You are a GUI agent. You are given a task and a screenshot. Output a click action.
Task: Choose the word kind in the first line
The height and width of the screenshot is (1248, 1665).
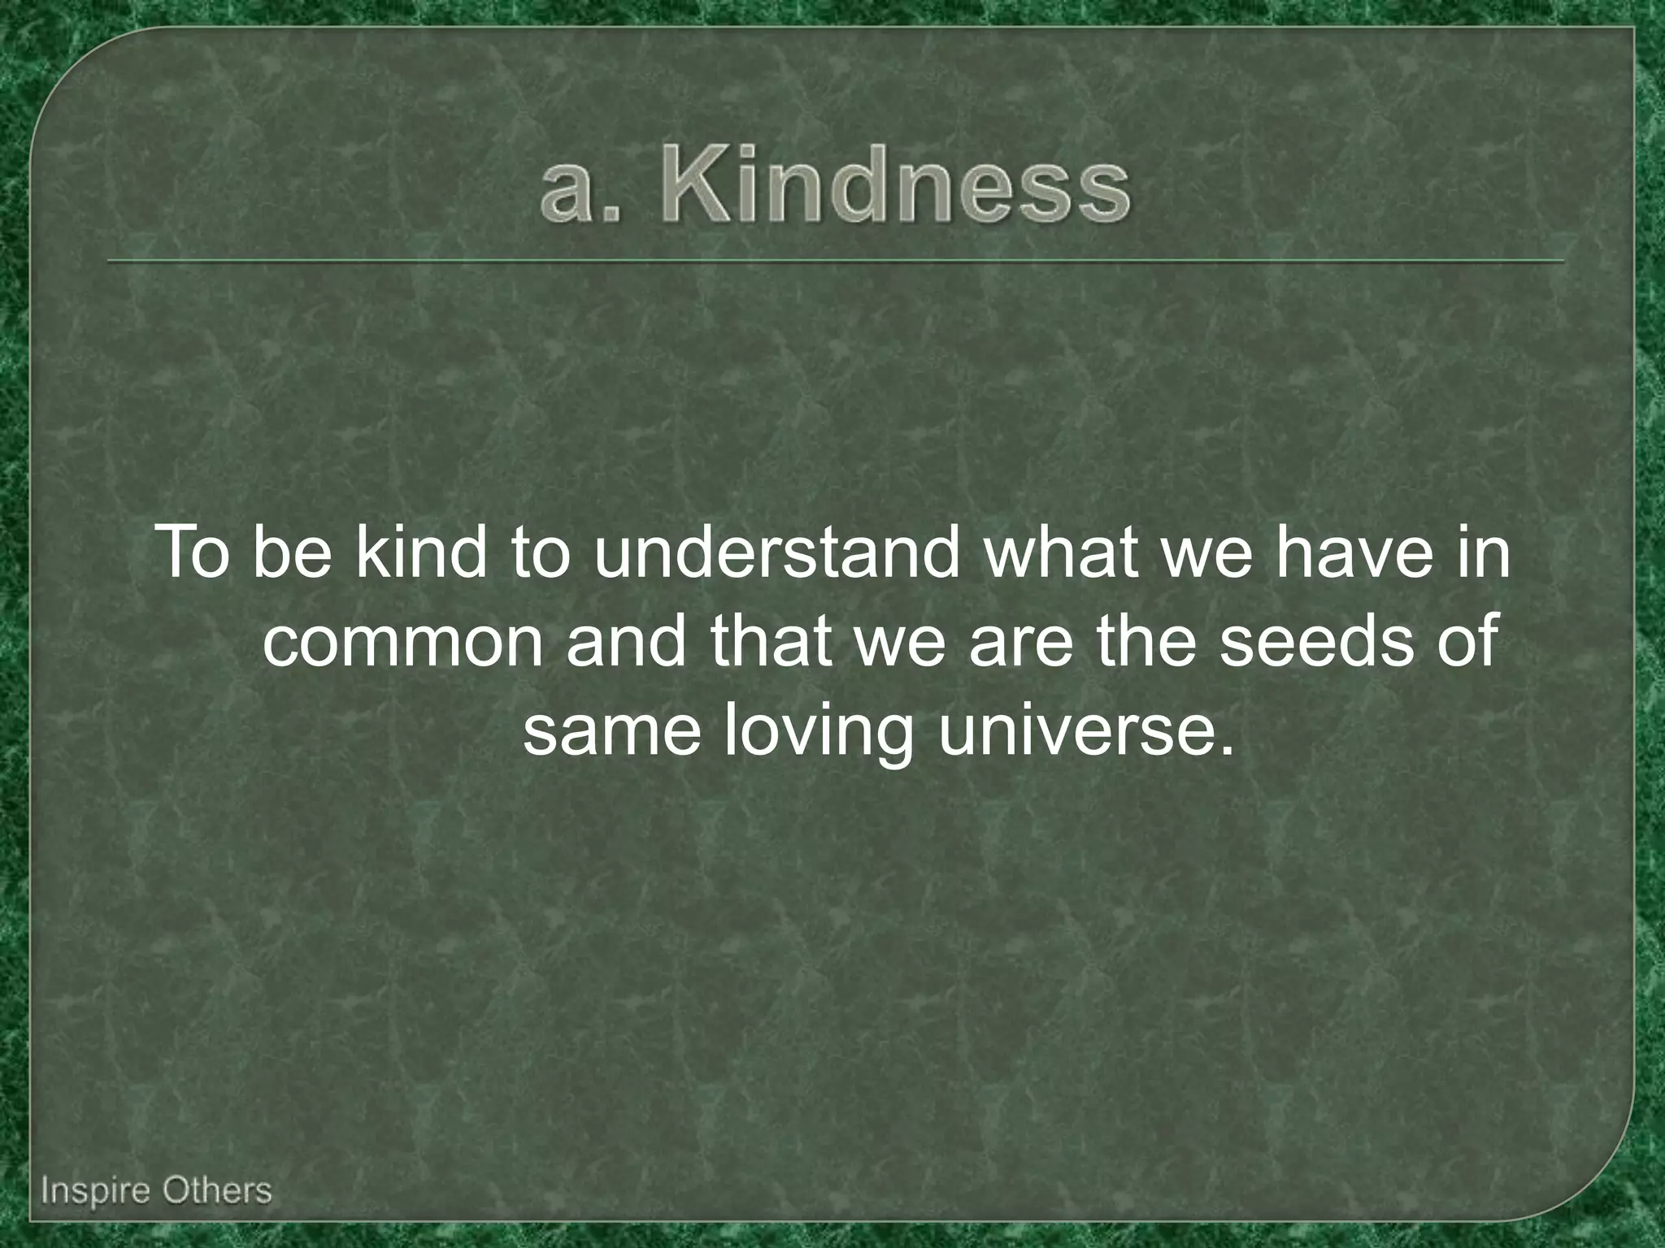tap(420, 554)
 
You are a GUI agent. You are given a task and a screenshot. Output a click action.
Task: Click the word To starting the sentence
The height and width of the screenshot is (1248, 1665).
tap(197, 554)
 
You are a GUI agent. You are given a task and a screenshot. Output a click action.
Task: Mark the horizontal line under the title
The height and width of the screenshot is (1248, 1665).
tap(836, 262)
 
